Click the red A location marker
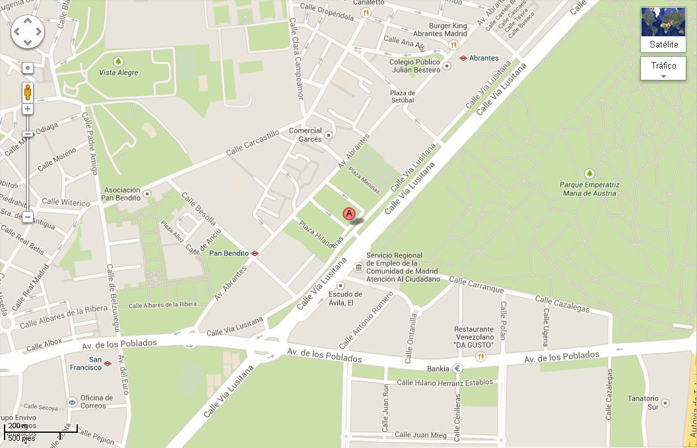349,214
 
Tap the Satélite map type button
663,30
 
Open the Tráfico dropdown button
663,69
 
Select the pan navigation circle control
28,31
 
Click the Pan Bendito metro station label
228,253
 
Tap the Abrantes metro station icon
464,58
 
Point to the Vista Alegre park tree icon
118,61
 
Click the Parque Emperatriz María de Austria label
589,189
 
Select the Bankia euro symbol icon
457,368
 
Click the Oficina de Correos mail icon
72,402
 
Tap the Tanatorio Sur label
643,402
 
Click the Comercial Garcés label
306,135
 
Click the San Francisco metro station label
86,363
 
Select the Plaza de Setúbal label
402,96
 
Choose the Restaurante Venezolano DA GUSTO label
473,336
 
